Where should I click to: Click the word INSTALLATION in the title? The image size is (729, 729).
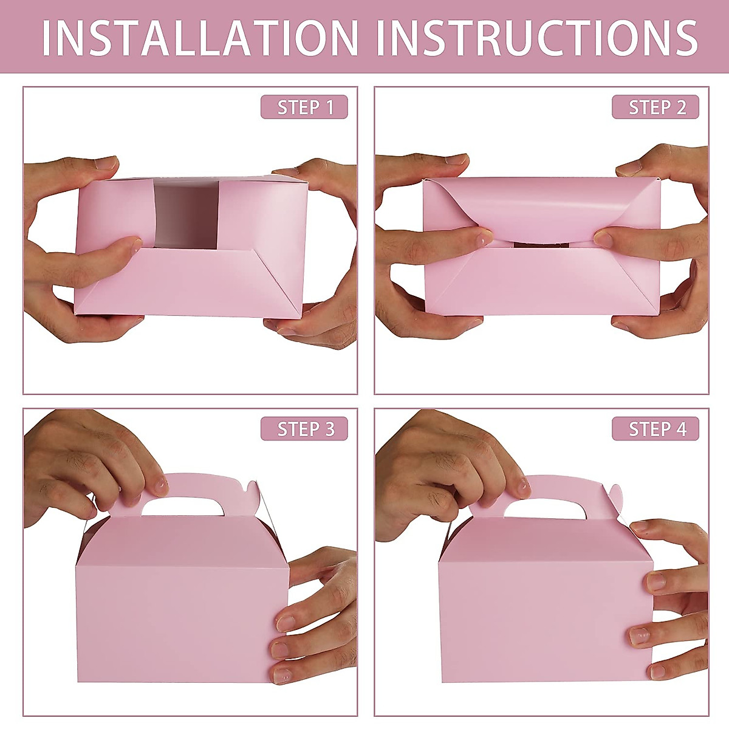[x=200, y=38]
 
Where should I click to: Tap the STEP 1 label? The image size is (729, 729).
[x=304, y=108]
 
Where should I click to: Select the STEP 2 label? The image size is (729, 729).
[x=655, y=108]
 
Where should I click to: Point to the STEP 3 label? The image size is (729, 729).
[x=304, y=429]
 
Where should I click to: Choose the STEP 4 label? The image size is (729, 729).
[x=655, y=429]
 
